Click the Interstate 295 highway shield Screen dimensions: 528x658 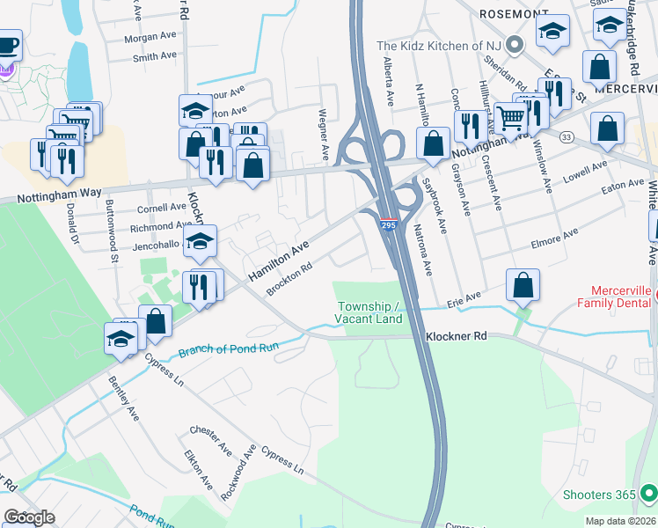point(387,227)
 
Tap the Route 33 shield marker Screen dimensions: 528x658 point(566,137)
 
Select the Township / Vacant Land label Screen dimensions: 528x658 point(369,312)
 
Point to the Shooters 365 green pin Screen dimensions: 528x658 point(648,495)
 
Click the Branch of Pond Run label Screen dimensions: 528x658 point(229,349)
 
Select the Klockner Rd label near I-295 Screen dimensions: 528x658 point(457,336)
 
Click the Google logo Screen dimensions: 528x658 point(29,517)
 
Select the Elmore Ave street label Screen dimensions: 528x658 point(553,237)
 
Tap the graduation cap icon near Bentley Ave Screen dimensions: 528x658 point(121,338)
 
